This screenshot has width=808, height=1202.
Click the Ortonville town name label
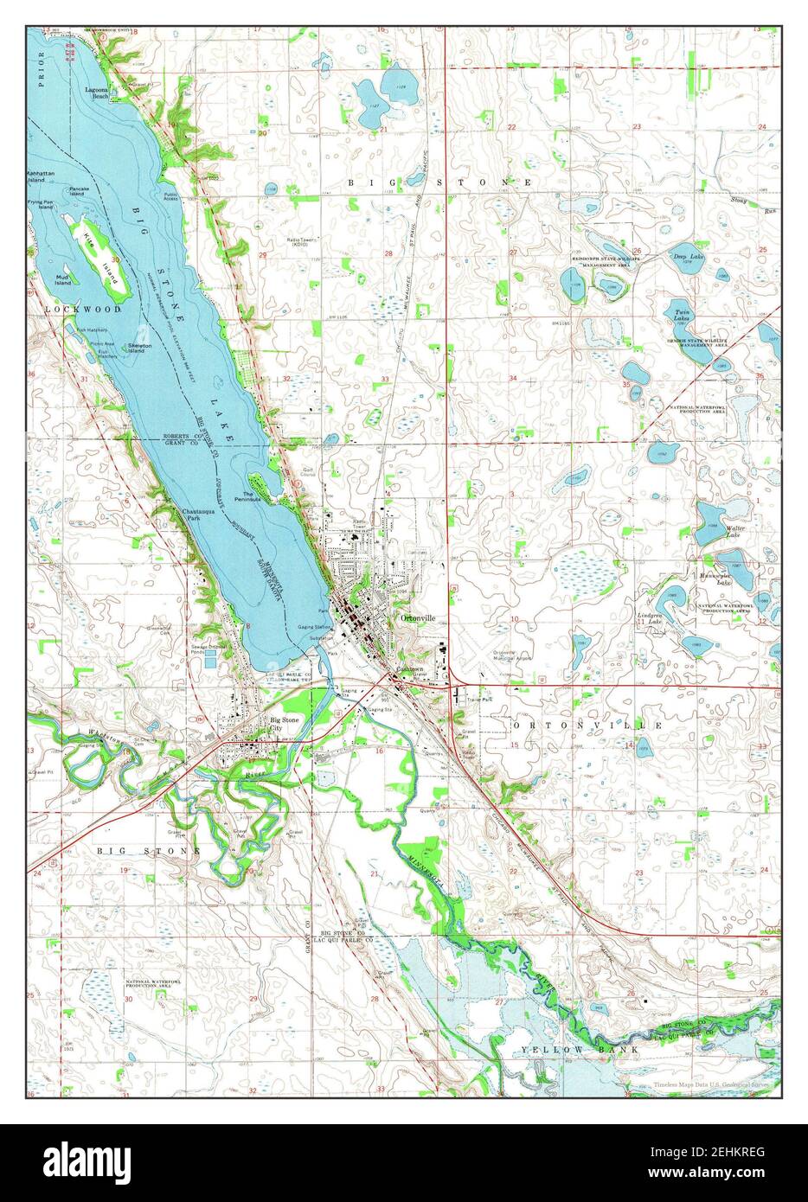(x=418, y=618)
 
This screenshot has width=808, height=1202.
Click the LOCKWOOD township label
(x=73, y=307)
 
